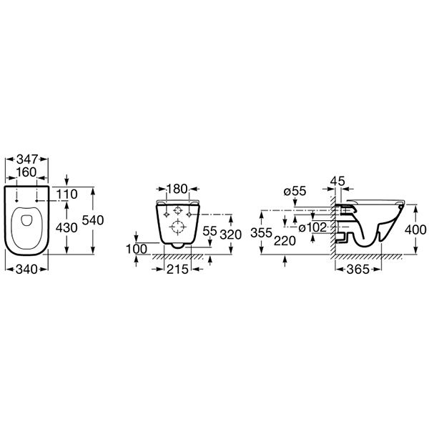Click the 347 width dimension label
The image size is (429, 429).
pos(27,159)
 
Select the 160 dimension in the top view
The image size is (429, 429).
pos(26,172)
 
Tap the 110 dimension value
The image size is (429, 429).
pos(67,194)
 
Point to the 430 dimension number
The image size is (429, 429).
pos(66,227)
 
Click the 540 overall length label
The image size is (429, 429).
pos(93,220)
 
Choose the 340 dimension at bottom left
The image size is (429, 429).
pos(26,270)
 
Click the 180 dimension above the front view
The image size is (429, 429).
pos(177,189)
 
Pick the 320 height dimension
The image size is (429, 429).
pos(231,235)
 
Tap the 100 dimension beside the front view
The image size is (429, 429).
pos(137,249)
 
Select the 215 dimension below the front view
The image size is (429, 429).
pos(177,270)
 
